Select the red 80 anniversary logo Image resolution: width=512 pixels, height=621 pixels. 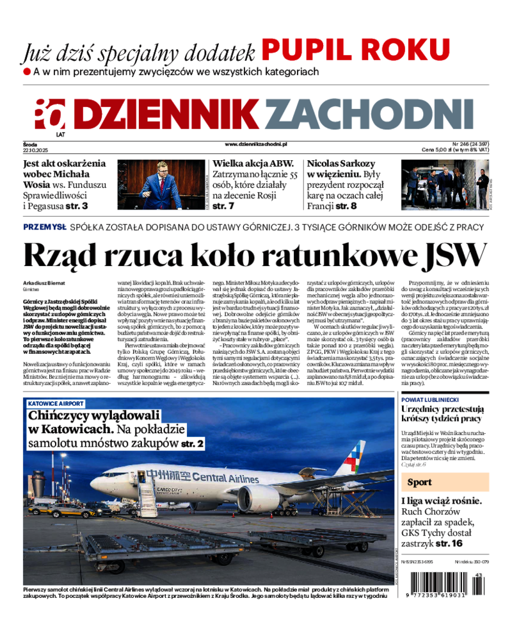(x=50, y=114)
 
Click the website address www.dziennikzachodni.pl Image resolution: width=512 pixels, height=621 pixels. (x=256, y=145)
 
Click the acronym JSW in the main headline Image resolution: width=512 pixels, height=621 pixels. (x=451, y=256)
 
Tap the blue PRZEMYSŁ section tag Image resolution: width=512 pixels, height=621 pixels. (x=45, y=227)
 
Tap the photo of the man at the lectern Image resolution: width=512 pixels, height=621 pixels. (x=161, y=185)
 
